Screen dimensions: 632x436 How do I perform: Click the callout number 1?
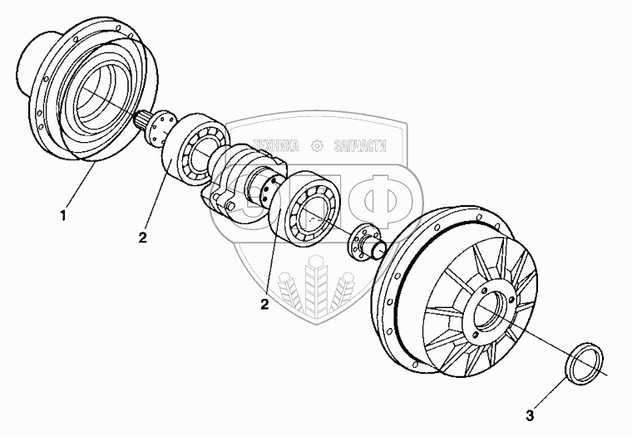click(62, 217)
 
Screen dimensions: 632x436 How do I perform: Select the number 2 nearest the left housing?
click(143, 238)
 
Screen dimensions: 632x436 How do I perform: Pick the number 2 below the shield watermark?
click(264, 304)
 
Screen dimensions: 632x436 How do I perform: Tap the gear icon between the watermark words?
click(316, 146)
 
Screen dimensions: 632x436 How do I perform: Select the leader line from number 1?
click(81, 187)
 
